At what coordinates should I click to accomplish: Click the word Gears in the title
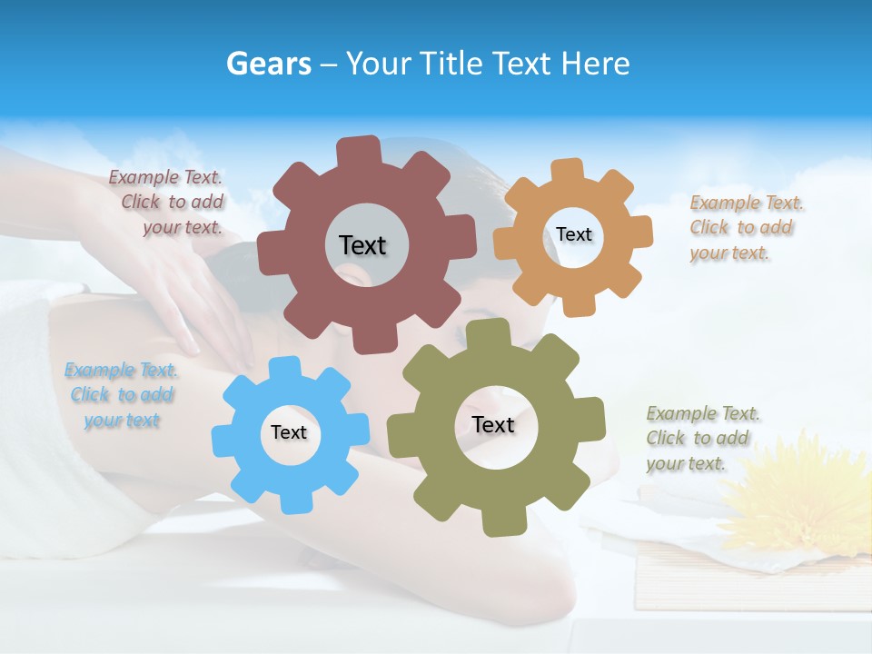pos(268,64)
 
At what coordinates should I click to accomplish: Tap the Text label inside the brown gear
pos(362,245)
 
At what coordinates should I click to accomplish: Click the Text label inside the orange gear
pos(573,234)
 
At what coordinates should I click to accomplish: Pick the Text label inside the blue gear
pos(288,432)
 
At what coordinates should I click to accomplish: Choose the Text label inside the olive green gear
pos(493,424)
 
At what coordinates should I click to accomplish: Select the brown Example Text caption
pos(167,202)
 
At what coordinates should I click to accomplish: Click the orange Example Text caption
pos(746,227)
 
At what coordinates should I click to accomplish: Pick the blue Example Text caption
pos(122,394)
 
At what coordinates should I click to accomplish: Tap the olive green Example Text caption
pos(702,438)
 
